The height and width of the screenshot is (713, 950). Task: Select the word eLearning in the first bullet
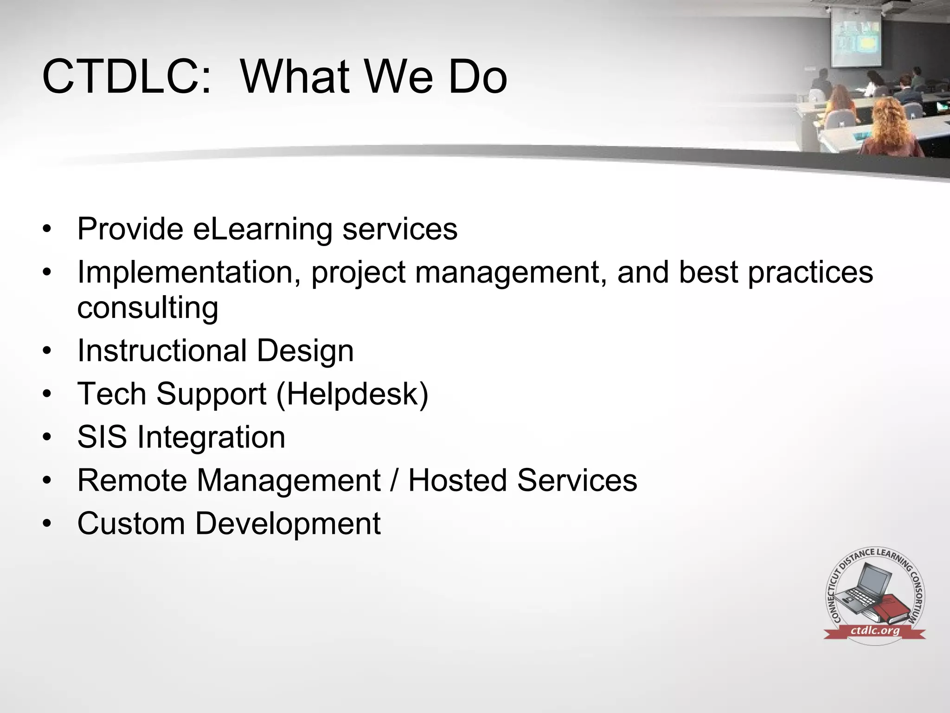[263, 229]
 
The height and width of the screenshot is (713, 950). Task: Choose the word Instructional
[162, 351]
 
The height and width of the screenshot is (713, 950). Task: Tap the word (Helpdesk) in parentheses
[352, 394]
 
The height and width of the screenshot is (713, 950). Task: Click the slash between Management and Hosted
[395, 480]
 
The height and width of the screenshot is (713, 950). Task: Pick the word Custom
[131, 524]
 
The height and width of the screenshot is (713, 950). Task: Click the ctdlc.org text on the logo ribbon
[875, 631]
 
